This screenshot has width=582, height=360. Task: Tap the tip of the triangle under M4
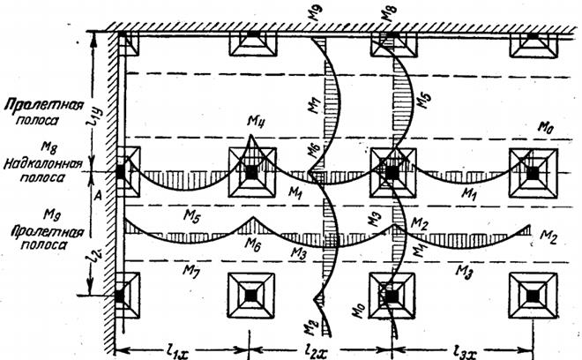252,137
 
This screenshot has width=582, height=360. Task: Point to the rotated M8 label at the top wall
386,13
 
